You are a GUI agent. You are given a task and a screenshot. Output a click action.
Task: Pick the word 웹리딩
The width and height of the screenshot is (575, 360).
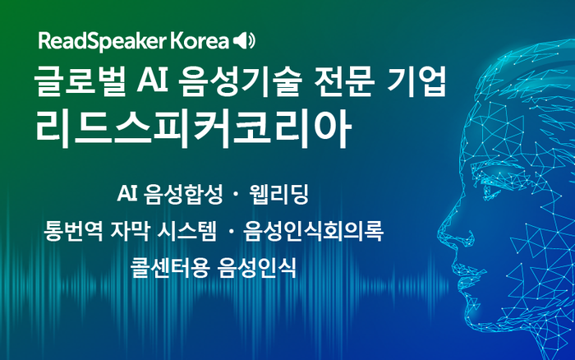[280, 195]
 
